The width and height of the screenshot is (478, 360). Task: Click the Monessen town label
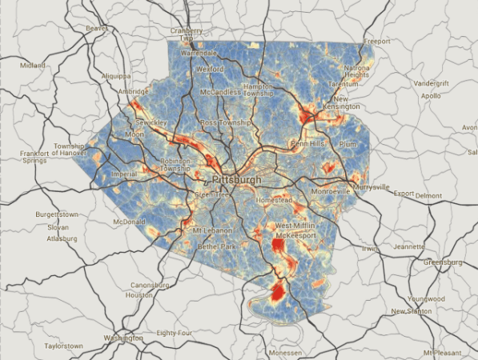pos(284,352)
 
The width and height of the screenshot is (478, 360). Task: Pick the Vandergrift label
pos(433,84)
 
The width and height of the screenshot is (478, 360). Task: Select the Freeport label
pos(376,41)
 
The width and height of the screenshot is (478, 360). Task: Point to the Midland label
pos(34,66)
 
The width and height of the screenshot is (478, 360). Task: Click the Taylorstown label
pos(63,346)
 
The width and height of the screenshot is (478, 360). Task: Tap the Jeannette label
pos(408,247)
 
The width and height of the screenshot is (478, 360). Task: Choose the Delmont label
pos(429,195)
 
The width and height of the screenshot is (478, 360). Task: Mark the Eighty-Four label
pos(175,332)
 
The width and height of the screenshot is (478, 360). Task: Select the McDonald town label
pos(129,222)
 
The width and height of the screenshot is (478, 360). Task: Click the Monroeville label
pos(331,192)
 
